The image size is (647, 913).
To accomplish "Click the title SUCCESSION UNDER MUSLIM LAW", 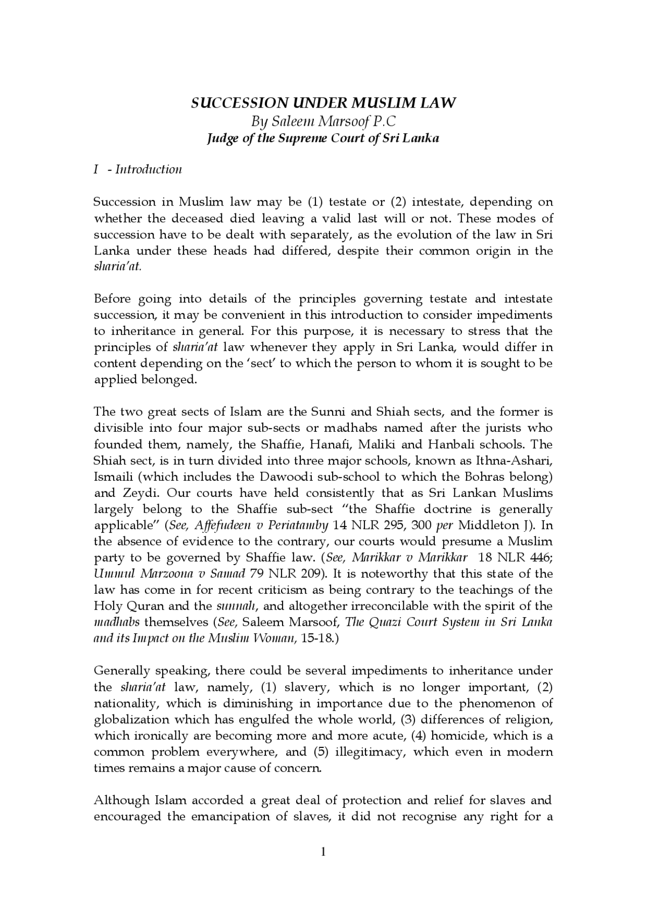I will click(x=323, y=103).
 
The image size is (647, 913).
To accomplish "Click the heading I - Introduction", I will click(x=137, y=169).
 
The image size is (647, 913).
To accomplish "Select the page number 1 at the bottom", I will click(x=323, y=853).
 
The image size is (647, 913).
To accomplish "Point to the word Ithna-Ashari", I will click(x=520, y=461).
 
